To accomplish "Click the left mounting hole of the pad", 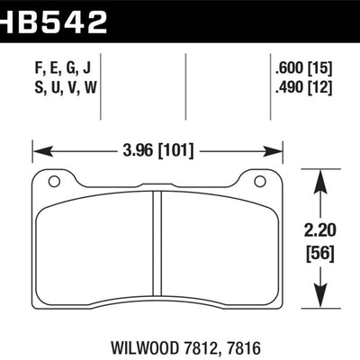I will pos(55,183).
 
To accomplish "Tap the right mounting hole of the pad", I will pos(260,183).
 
